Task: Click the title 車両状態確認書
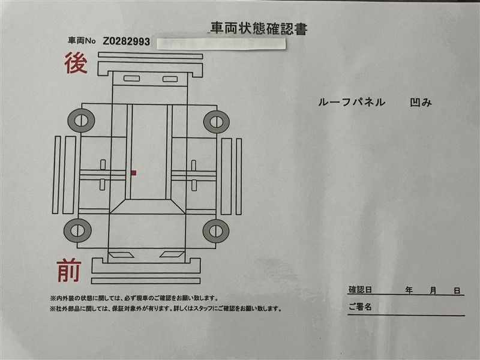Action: tap(259, 29)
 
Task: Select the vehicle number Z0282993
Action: tap(127, 41)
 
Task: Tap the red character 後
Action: tap(76, 63)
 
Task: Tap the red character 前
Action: tap(69, 271)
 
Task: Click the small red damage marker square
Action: tap(133, 173)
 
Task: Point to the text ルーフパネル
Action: tap(352, 102)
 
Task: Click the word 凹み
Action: tap(421, 102)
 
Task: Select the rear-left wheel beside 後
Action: tap(81, 121)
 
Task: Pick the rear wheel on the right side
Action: tap(217, 122)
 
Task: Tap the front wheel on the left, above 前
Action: tap(77, 230)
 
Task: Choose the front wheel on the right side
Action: tap(216, 231)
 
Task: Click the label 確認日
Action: tap(360, 290)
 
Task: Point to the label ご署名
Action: tap(360, 307)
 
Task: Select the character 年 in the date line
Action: tap(409, 290)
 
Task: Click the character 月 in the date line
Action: tap(433, 290)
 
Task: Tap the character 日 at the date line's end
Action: tap(457, 290)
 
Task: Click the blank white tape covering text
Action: tap(221, 43)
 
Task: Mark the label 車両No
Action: tap(82, 41)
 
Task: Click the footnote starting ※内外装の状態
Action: tap(134, 298)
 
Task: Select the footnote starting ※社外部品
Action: tap(166, 308)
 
